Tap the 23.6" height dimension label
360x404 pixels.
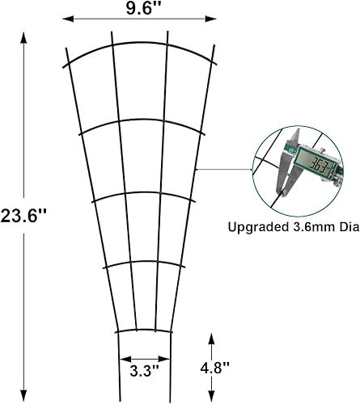point(25,216)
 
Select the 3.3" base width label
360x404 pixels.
point(145,371)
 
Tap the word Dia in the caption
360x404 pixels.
point(345,227)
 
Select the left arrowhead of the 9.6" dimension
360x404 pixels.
point(66,18)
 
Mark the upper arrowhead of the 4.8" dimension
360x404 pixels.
point(212,335)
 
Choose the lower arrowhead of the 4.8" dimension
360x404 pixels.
point(212,395)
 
